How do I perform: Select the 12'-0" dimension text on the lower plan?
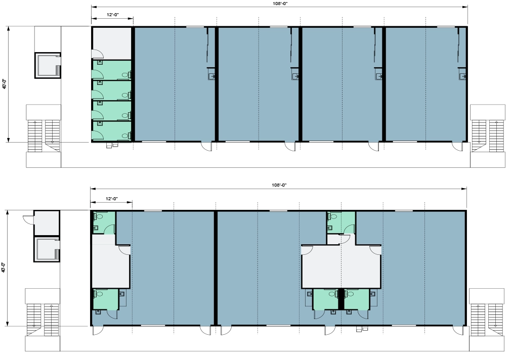coord(112,198)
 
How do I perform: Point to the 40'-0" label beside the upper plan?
coord(4,84)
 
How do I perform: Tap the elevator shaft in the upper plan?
coord(48,65)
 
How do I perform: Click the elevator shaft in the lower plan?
coord(47,249)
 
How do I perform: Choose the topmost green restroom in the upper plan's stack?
coord(112,69)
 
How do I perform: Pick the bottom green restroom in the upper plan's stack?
coord(112,130)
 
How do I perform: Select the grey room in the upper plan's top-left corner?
coord(112,43)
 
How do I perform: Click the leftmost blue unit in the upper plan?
coord(175,84)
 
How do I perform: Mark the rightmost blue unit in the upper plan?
coord(426,84)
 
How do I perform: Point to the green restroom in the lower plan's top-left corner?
coord(104,222)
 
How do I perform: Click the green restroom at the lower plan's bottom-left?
coord(105,299)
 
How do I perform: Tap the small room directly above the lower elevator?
coord(47,223)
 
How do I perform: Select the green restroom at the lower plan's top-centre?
coord(341,222)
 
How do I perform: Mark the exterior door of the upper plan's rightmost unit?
coord(458,146)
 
